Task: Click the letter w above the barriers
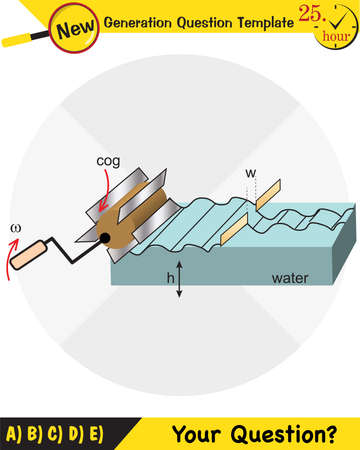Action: click(249, 174)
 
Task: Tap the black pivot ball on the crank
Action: click(103, 238)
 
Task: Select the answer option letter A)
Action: click(14, 435)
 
